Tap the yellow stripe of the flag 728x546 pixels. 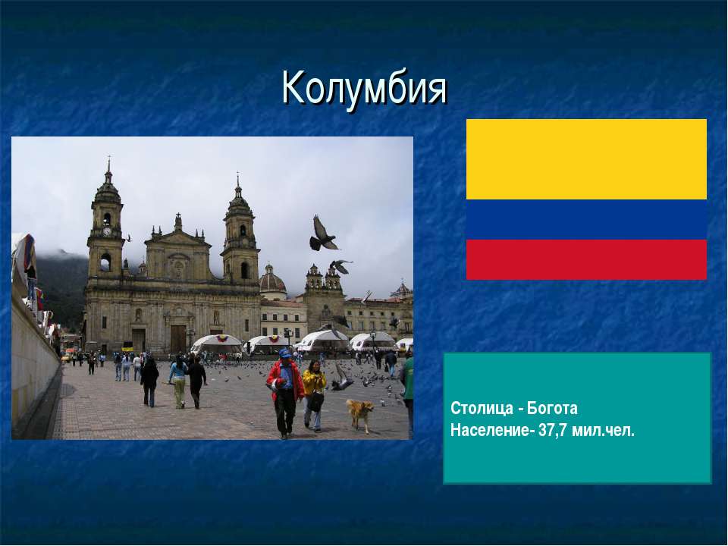pos(586,159)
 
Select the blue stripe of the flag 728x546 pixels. pos(586,220)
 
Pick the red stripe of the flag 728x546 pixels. pos(586,259)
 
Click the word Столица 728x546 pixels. pos(481,409)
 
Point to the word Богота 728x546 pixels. pos(553,409)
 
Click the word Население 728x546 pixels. pos(489,431)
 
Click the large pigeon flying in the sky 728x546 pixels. pos(323,234)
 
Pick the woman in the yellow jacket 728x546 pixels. pos(314,395)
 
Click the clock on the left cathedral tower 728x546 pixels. pos(107,231)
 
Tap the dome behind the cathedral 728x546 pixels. pos(272,281)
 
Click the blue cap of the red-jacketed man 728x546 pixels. pos(284,353)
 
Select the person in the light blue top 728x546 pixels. pos(178,381)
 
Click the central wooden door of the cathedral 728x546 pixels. pos(177,339)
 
